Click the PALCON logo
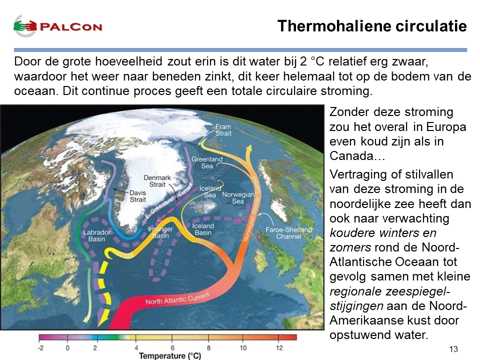pos(57,26)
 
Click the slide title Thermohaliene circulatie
pos(372,26)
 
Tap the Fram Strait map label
pos(223,130)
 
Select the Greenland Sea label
pos(207,162)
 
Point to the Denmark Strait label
pos(157,181)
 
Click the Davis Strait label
pos(138,196)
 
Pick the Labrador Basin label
pos(96,235)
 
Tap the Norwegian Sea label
pos(238,198)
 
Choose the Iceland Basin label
pos(203,229)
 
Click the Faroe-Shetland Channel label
pos(288,233)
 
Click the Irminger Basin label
pos(160,232)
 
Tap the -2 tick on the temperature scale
pos(40,348)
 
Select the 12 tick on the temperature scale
pos(279,348)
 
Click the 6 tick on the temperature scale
pos(172,348)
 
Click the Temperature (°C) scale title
pos(170,355)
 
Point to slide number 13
pos(453,349)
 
